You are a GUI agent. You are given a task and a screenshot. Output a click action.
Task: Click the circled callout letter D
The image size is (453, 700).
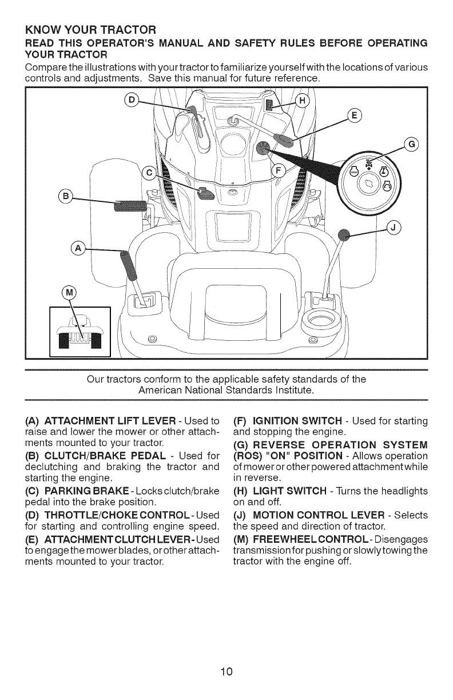(131, 101)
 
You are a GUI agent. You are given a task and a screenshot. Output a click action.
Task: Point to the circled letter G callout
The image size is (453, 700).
(411, 145)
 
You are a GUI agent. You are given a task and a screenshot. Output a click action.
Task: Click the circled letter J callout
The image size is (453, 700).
(394, 226)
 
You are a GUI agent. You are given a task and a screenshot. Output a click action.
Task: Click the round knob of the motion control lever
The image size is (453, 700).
(344, 234)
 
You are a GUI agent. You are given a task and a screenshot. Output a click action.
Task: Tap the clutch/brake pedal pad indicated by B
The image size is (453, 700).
(132, 204)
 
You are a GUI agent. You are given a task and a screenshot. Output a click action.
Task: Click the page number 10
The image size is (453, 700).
(227, 670)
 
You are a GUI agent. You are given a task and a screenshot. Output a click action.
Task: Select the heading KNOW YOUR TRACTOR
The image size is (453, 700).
(92, 29)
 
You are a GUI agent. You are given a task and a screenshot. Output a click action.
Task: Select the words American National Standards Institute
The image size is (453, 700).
(226, 389)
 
